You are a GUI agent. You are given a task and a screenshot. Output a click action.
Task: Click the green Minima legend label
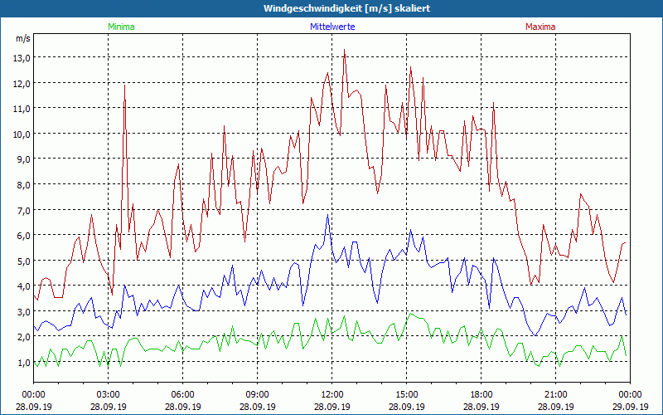click(x=121, y=27)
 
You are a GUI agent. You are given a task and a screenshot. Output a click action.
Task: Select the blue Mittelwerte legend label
click(x=331, y=27)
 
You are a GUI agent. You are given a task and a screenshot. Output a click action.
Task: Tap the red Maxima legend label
click(x=540, y=27)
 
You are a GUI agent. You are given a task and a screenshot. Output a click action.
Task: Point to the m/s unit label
click(x=22, y=39)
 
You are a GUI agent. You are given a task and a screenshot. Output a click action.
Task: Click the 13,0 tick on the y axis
click(x=21, y=57)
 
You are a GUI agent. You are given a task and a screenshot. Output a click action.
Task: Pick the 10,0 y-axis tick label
click(x=21, y=134)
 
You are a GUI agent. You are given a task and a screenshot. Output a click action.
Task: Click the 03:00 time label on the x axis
click(x=109, y=394)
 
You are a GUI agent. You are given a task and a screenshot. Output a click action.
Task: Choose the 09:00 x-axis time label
click(x=257, y=394)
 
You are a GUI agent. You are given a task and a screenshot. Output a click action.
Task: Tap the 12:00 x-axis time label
click(x=331, y=394)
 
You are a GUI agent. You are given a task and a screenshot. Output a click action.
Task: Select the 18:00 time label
click(x=481, y=394)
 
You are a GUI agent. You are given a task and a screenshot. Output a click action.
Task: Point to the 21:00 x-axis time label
click(x=555, y=394)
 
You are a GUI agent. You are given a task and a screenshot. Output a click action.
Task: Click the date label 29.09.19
click(x=630, y=407)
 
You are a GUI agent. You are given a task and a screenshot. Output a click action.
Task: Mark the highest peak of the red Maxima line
click(x=344, y=51)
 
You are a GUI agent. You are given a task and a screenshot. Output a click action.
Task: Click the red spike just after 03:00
click(x=125, y=84)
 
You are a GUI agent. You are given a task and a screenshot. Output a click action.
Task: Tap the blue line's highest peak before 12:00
click(x=328, y=217)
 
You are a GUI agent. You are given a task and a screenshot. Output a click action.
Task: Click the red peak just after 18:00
click(x=494, y=104)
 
